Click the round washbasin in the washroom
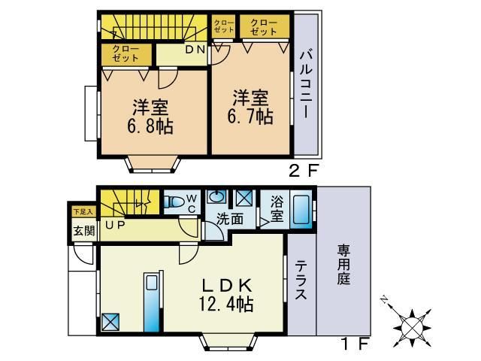pyautogui.click(x=217, y=198)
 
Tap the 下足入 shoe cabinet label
pyautogui.click(x=81, y=212)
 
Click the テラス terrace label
pyautogui.click(x=301, y=281)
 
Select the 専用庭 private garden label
pyautogui.click(x=344, y=263)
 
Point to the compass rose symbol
pyautogui.click(x=410, y=325)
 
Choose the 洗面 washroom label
pyautogui.click(x=230, y=220)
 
